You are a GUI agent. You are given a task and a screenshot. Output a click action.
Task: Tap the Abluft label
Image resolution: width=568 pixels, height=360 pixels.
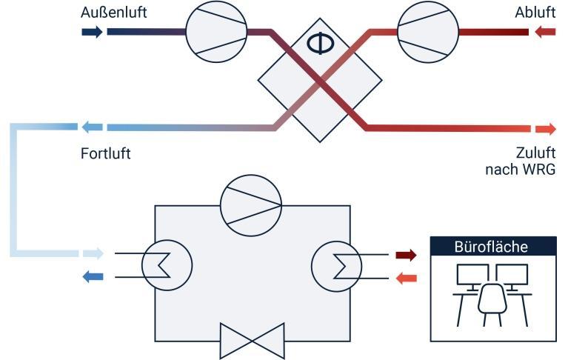tap(535, 13)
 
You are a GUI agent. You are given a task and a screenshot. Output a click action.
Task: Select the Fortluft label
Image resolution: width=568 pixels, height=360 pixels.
tap(106, 155)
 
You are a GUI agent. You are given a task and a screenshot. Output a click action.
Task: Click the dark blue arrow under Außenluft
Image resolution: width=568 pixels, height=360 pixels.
tap(92, 32)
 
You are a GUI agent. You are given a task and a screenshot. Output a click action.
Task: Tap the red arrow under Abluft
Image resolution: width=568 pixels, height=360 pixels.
tap(544, 32)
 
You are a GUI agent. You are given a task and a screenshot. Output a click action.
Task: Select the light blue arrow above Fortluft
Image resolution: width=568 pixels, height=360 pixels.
tap(92, 127)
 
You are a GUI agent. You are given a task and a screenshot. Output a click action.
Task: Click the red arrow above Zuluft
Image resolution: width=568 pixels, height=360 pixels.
tap(544, 128)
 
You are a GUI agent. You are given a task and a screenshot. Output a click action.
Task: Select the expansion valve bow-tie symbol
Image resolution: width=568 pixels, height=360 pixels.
tap(252, 341)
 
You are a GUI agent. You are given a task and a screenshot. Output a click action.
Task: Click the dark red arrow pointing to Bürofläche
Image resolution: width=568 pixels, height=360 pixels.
tap(405, 256)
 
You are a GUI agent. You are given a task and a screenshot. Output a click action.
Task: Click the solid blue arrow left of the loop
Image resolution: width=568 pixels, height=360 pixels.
tap(92, 277)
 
